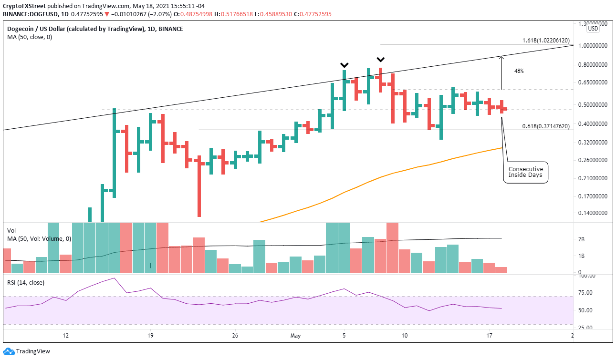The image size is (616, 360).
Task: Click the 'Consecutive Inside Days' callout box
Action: (525, 172)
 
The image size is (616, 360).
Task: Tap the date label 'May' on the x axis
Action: (296, 335)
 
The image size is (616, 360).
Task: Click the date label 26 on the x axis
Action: (234, 335)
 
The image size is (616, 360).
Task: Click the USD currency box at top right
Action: (593, 29)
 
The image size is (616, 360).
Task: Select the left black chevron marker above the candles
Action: (344, 65)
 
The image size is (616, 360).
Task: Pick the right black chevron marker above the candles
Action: (380, 60)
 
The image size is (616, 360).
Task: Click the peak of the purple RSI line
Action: (114, 278)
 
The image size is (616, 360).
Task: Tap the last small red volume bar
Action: (501, 269)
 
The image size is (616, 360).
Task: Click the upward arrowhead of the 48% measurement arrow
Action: (501, 57)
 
